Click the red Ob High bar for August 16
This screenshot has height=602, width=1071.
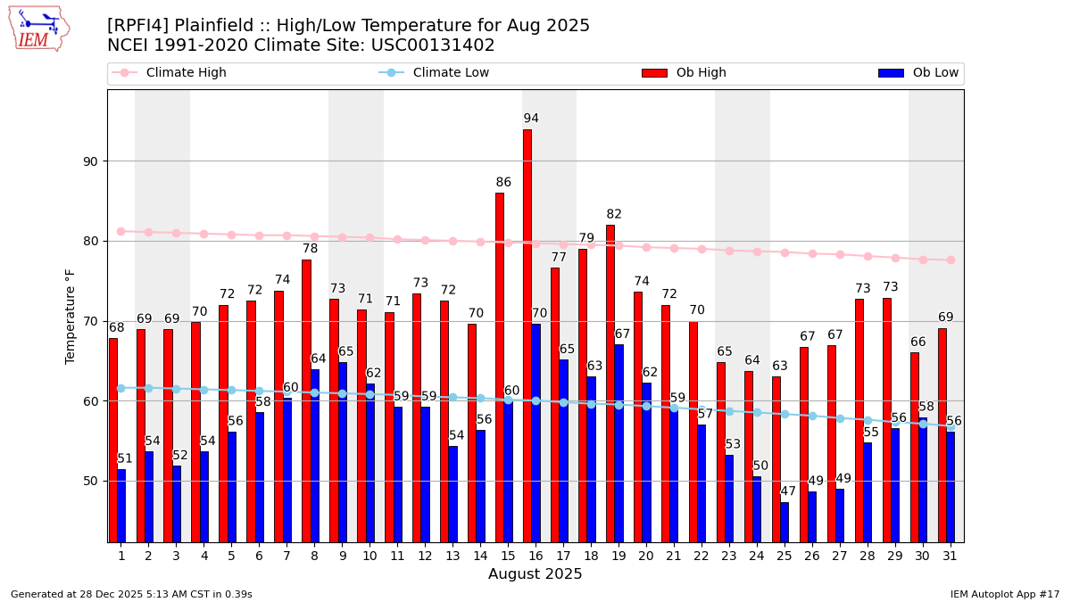click(x=527, y=335)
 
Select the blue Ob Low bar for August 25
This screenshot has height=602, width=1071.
click(x=785, y=522)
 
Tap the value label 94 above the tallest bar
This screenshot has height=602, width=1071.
click(x=531, y=119)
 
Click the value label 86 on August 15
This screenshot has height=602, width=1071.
click(x=503, y=183)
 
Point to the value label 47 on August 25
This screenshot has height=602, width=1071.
click(x=788, y=491)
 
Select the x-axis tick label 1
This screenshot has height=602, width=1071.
click(x=121, y=556)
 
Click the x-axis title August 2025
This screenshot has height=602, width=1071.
click(x=535, y=574)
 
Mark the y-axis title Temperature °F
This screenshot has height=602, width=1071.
click(x=71, y=316)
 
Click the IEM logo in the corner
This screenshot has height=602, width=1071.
click(x=38, y=29)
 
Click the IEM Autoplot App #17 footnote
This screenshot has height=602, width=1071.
click(x=1004, y=594)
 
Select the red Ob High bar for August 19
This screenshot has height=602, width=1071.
click(x=610, y=383)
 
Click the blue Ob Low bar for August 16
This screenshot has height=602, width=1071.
click(x=535, y=433)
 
